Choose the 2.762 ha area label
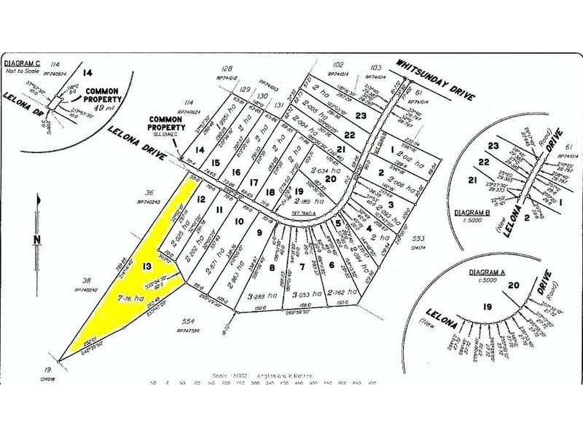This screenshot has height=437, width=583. click(x=340, y=293)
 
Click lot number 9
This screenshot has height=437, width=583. click(x=259, y=232)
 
